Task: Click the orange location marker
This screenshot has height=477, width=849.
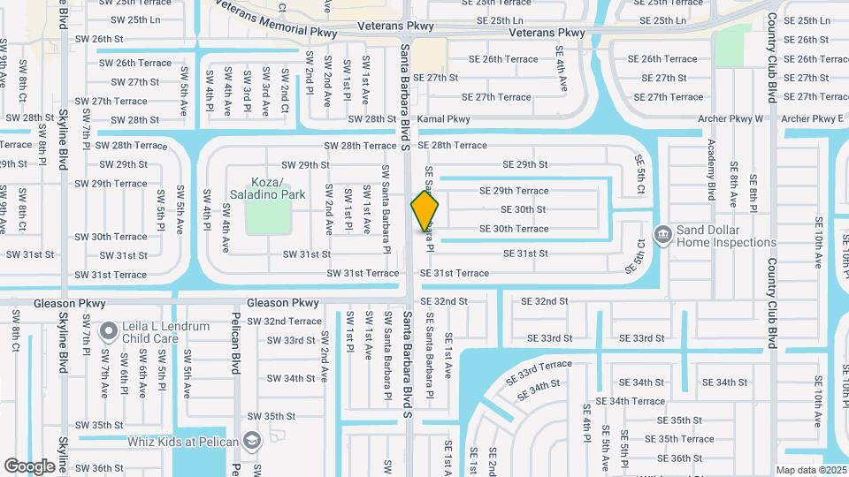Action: tap(425, 211)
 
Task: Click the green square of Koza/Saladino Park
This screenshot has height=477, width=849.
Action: tap(268, 216)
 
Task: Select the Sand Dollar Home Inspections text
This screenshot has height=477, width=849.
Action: tap(726, 236)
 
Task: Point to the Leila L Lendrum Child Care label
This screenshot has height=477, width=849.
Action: tap(167, 332)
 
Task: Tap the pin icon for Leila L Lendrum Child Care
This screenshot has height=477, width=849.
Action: tap(109, 331)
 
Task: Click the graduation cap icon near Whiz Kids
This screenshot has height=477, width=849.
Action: tap(252, 441)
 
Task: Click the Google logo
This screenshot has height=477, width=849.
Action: tap(29, 466)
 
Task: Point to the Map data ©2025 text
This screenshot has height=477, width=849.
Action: tap(810, 470)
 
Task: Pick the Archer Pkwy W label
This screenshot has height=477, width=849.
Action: tap(730, 118)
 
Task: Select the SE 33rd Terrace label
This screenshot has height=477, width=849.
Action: tap(539, 372)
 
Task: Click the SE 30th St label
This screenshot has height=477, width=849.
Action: tap(523, 209)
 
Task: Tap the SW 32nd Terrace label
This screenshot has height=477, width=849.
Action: tap(280, 322)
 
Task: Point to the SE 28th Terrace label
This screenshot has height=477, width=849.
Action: tap(452, 145)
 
